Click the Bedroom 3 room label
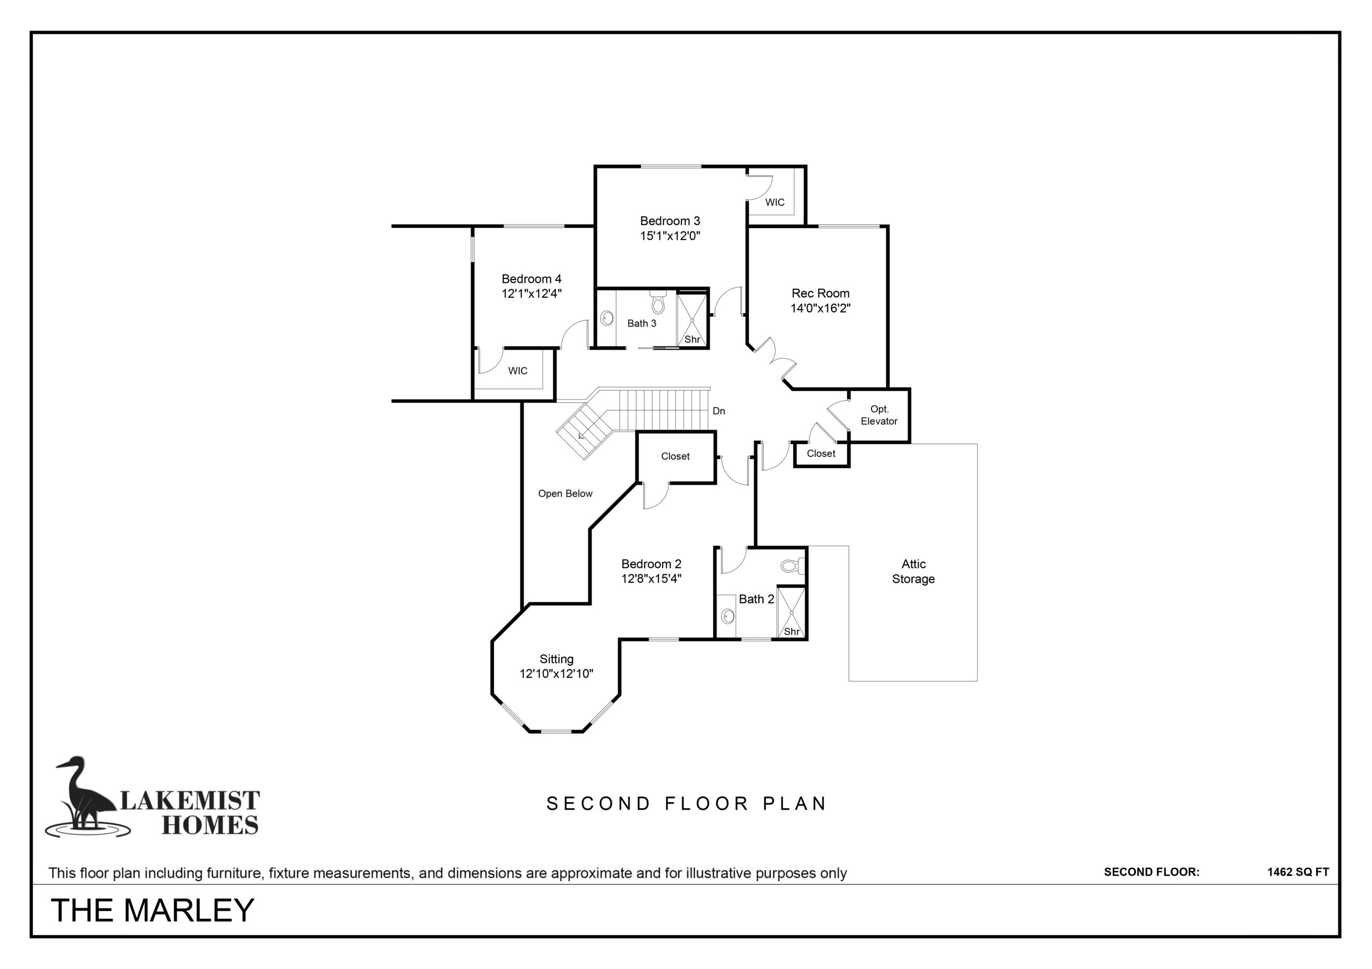(670, 221)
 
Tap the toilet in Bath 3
(658, 302)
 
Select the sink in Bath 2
(728, 616)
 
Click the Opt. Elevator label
(879, 415)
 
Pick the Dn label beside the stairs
(719, 411)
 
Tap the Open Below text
(565, 493)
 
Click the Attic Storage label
(914, 571)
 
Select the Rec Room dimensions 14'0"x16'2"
(821, 308)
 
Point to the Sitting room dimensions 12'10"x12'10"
(556, 674)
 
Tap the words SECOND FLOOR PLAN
(686, 803)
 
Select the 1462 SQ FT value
(1298, 872)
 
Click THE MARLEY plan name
(153, 910)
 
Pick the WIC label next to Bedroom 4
(518, 371)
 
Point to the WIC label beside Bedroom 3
(775, 202)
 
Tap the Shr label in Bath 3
(692, 339)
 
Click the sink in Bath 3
(607, 318)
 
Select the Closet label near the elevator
(821, 454)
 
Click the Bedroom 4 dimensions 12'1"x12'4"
(532, 294)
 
